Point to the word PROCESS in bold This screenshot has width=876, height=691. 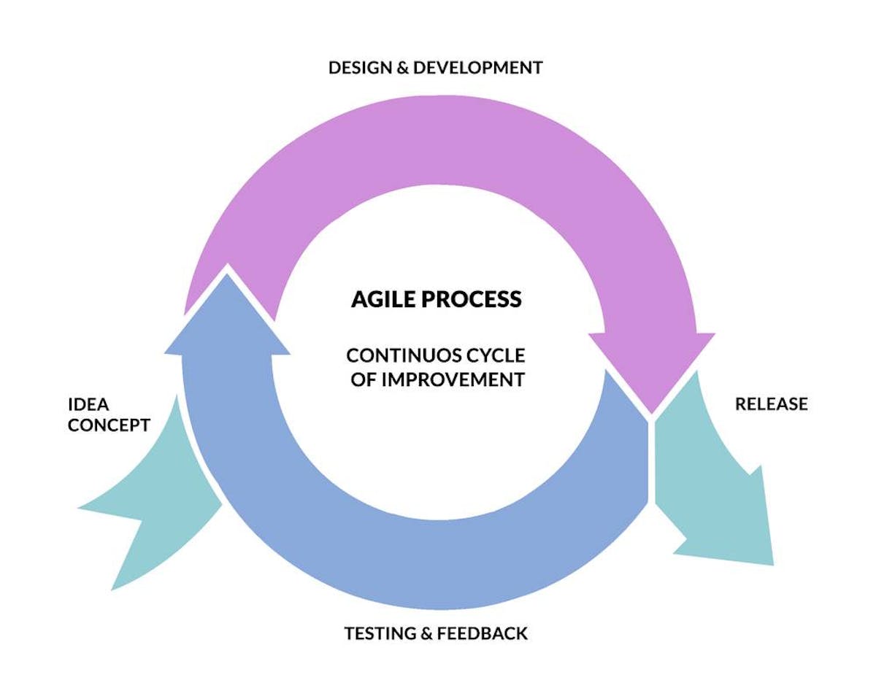[x=477, y=299]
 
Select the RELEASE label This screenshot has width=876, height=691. [x=771, y=404]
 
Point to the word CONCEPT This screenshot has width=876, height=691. [x=109, y=425]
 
